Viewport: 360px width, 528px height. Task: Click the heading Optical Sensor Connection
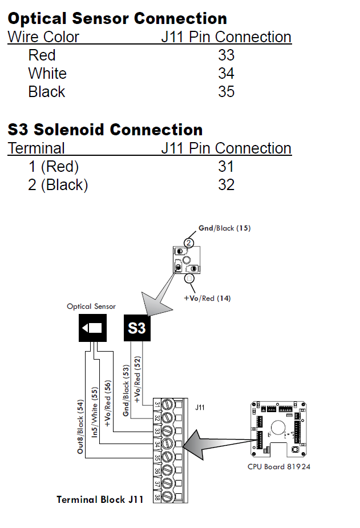coord(118,18)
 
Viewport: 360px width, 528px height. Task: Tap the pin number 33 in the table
coord(226,55)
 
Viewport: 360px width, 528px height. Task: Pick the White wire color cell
coord(47,74)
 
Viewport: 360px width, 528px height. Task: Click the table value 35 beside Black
coord(226,92)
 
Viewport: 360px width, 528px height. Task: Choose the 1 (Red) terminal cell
coord(54,167)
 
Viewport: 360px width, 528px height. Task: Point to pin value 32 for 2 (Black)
coord(226,185)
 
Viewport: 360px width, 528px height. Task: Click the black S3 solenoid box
coord(137,329)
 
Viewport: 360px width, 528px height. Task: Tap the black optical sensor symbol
coord(92,328)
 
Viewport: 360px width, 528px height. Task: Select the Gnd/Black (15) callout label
coord(224,228)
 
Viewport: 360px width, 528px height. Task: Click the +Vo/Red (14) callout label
coord(207,298)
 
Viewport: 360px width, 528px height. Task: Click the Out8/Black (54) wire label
coord(81,427)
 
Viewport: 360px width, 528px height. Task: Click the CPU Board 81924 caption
coord(279,466)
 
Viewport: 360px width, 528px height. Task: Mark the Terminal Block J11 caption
coord(100,499)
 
